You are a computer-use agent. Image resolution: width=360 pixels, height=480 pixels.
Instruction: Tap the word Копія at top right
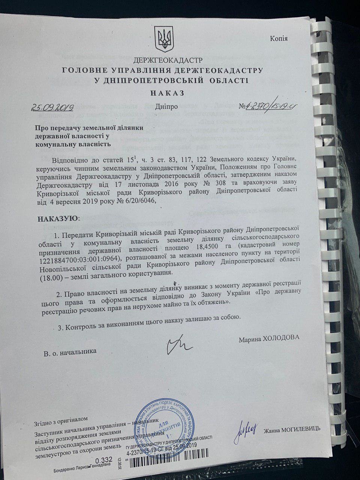point(279,38)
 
